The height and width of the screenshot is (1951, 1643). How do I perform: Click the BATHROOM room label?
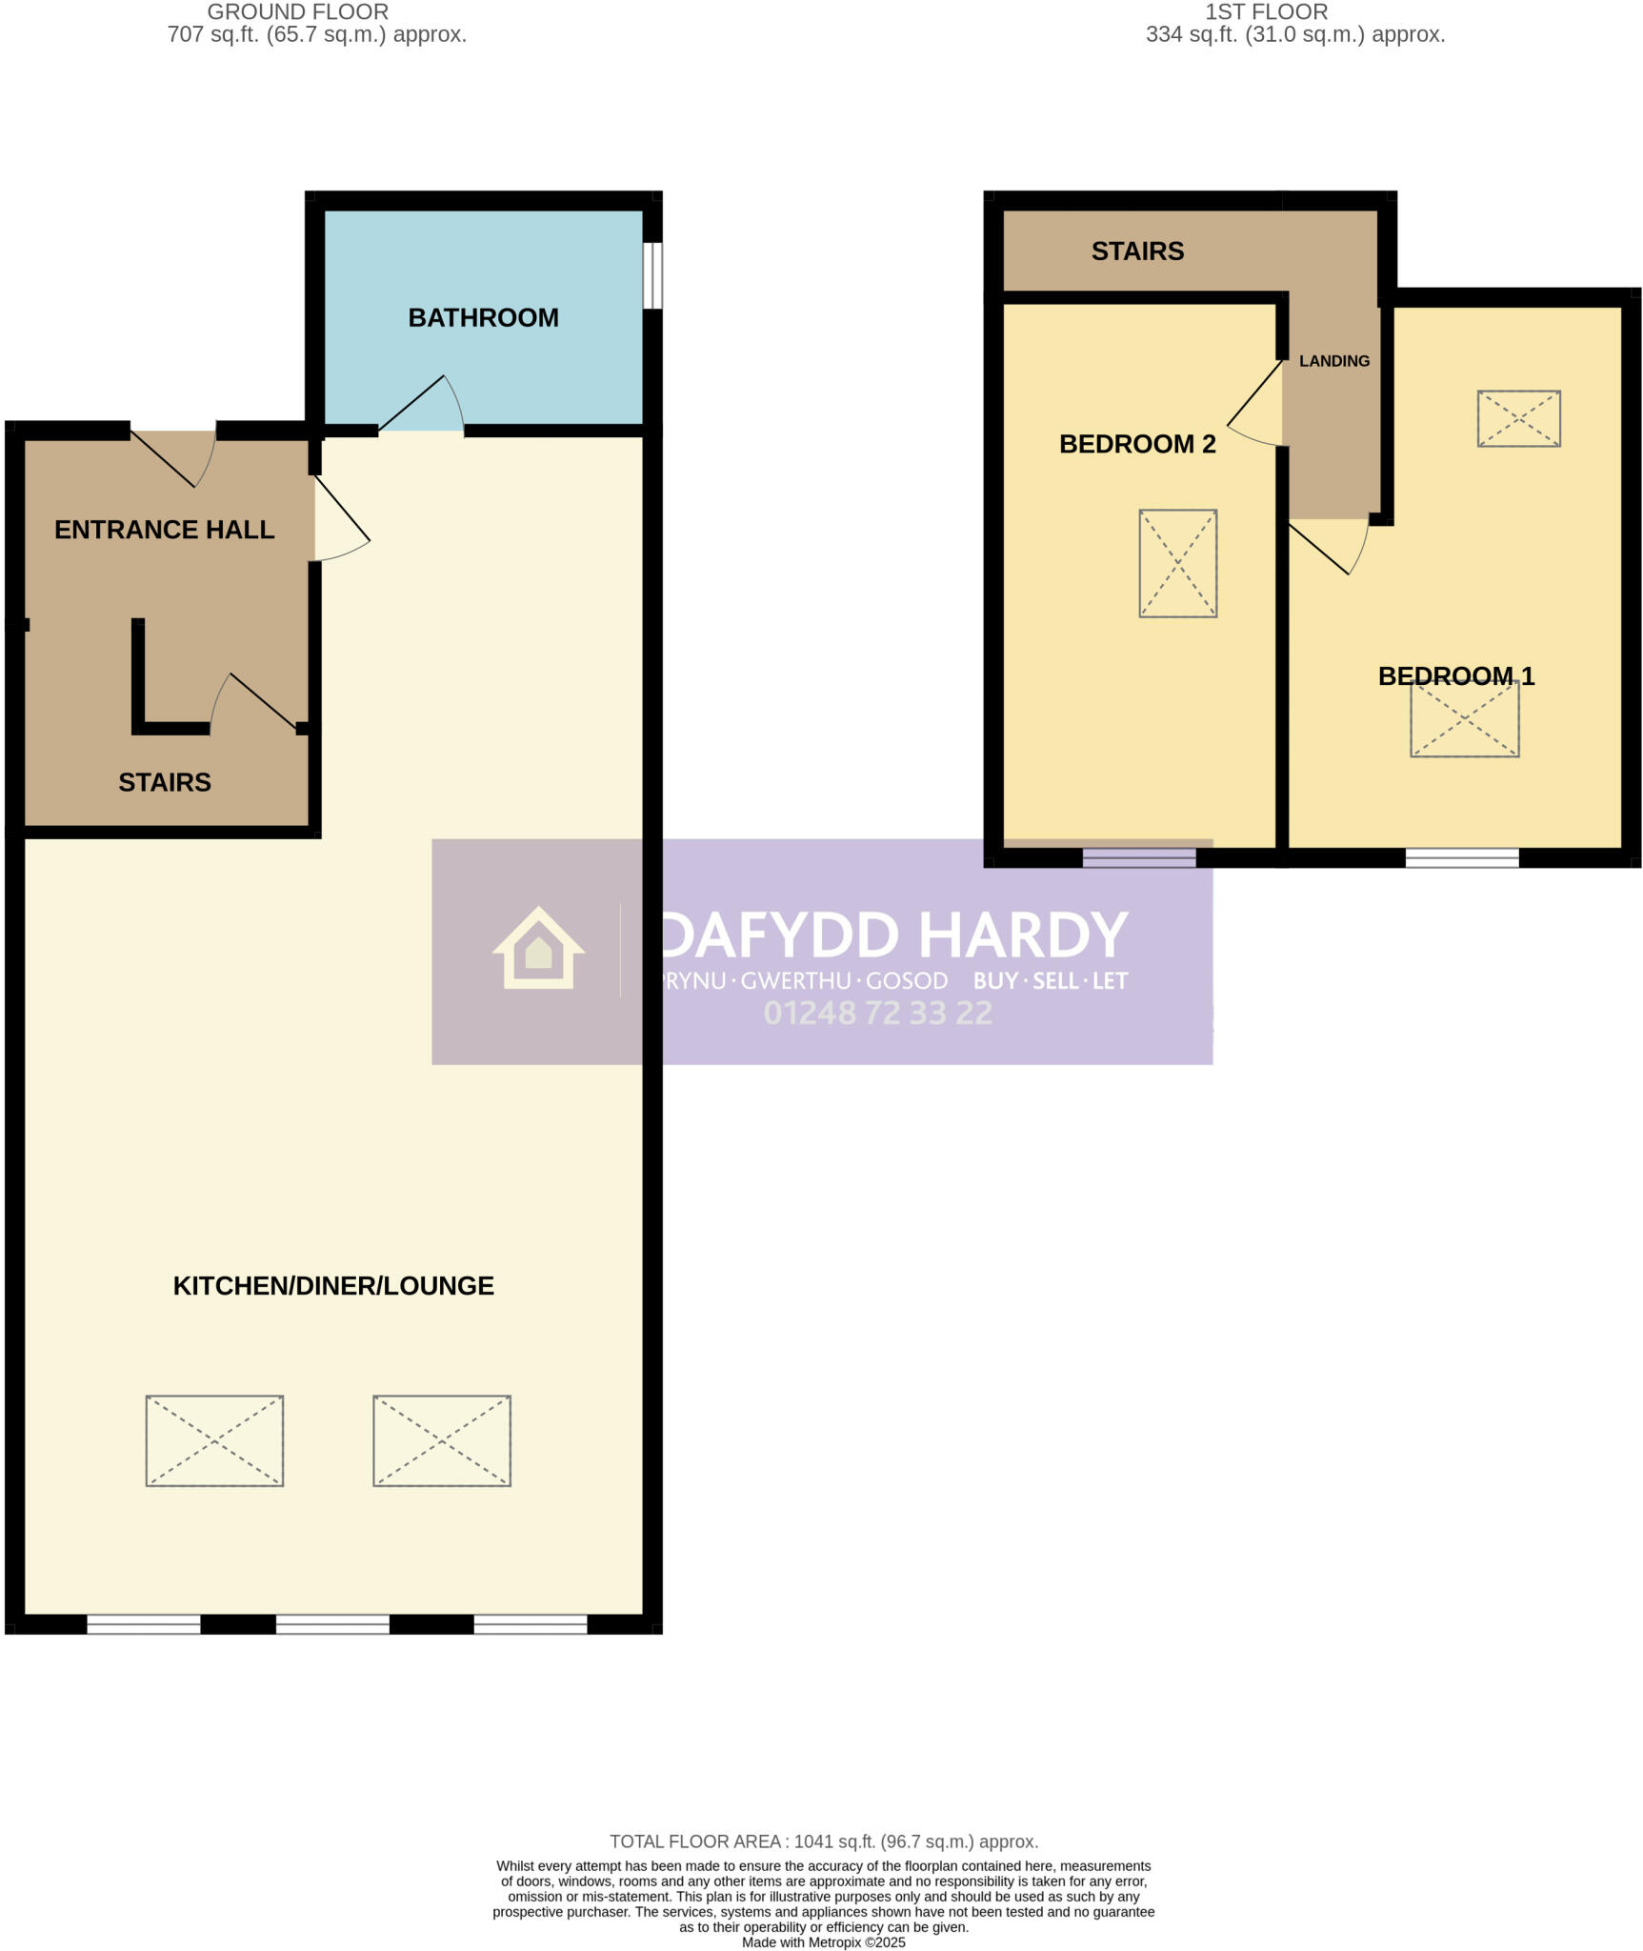click(x=483, y=317)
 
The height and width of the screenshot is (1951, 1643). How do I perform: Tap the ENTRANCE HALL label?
click(x=164, y=530)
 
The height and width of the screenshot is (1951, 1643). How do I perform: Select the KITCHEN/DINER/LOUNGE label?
click(x=333, y=1285)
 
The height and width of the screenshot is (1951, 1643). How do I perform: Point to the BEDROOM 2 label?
click(x=1137, y=444)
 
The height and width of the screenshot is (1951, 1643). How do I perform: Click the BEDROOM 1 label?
click(x=1455, y=676)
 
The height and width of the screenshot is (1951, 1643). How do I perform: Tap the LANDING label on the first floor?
click(x=1333, y=361)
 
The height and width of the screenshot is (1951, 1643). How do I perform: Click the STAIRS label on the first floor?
click(x=1137, y=251)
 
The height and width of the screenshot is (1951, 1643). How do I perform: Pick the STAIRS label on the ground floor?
click(x=165, y=782)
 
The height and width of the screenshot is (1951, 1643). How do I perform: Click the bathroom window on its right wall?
click(x=652, y=275)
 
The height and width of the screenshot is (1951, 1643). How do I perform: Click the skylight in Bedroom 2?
click(x=1177, y=563)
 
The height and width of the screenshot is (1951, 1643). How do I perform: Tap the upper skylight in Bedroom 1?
click(x=1518, y=418)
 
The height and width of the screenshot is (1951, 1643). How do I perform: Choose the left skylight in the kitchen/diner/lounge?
click(x=214, y=1440)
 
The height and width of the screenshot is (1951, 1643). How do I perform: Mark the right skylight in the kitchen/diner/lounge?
click(x=442, y=1440)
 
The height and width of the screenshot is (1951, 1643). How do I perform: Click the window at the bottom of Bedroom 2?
click(x=1138, y=857)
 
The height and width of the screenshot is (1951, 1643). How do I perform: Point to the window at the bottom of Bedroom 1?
click(x=1461, y=857)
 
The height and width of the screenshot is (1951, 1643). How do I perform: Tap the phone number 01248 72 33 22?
click(x=877, y=1013)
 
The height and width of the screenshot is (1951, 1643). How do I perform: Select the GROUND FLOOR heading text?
click(x=297, y=12)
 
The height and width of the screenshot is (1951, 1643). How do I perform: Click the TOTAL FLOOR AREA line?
click(x=823, y=1841)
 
